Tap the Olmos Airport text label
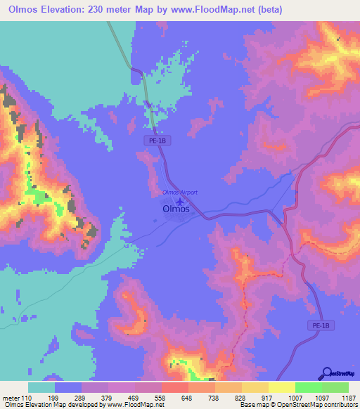180,192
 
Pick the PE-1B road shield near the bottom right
320,326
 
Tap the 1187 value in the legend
348,398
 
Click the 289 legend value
82,398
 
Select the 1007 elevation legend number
295,398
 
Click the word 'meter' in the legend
11,398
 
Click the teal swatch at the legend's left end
41,387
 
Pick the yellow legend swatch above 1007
281,387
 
